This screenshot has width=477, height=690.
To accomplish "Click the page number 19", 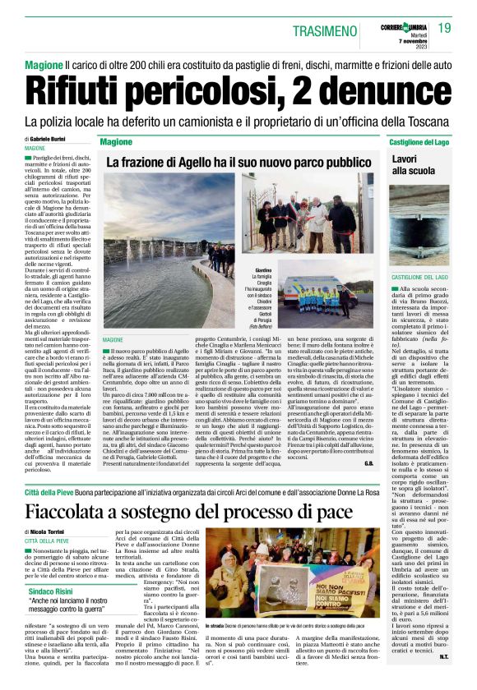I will [x=444, y=29].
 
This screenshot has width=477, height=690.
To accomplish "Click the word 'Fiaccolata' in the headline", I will [x=86, y=510].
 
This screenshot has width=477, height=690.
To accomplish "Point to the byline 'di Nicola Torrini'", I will [x=49, y=533].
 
